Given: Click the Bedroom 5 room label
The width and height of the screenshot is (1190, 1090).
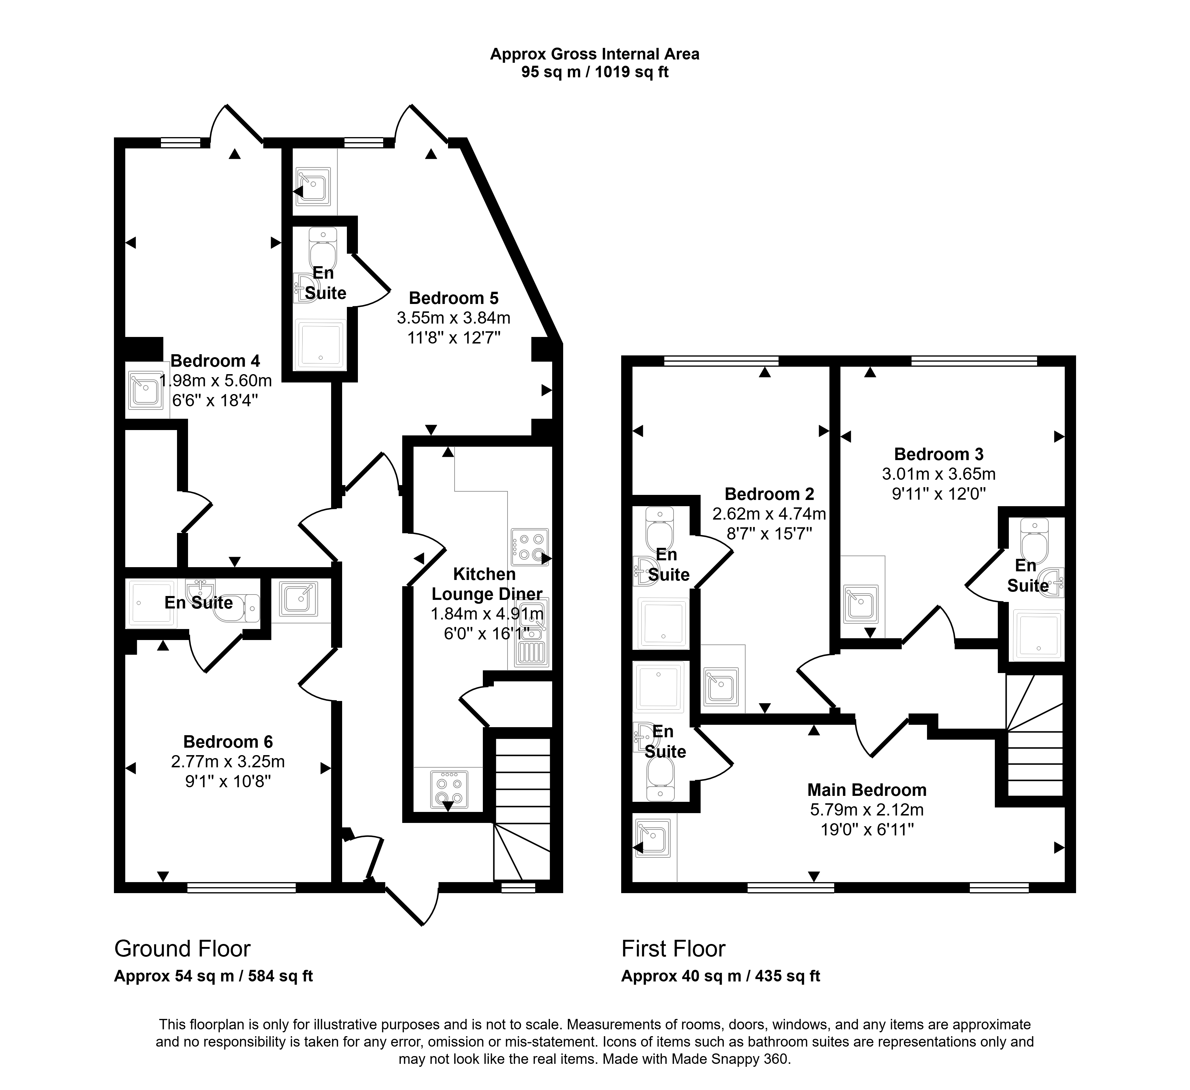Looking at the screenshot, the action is [x=453, y=298].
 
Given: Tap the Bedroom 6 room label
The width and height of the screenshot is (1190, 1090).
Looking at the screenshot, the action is [x=228, y=742].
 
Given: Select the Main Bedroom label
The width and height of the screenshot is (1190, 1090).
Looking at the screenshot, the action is [x=867, y=790].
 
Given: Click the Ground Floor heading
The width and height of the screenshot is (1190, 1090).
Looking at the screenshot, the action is [x=182, y=949].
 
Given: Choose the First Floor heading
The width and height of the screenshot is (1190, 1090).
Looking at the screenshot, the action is [x=673, y=949].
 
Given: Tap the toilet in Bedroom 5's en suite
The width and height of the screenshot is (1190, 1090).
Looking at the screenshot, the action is [x=323, y=248].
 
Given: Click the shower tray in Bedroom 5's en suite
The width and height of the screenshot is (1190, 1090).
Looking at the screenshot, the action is [x=320, y=344].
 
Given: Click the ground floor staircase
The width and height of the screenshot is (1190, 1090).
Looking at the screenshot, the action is [x=522, y=808].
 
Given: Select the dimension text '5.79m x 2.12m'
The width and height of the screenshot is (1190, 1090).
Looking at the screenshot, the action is [x=867, y=810].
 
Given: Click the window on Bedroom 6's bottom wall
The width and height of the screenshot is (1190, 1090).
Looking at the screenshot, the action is [x=242, y=887].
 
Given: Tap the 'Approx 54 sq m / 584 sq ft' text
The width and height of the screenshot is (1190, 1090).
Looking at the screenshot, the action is [x=213, y=976].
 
